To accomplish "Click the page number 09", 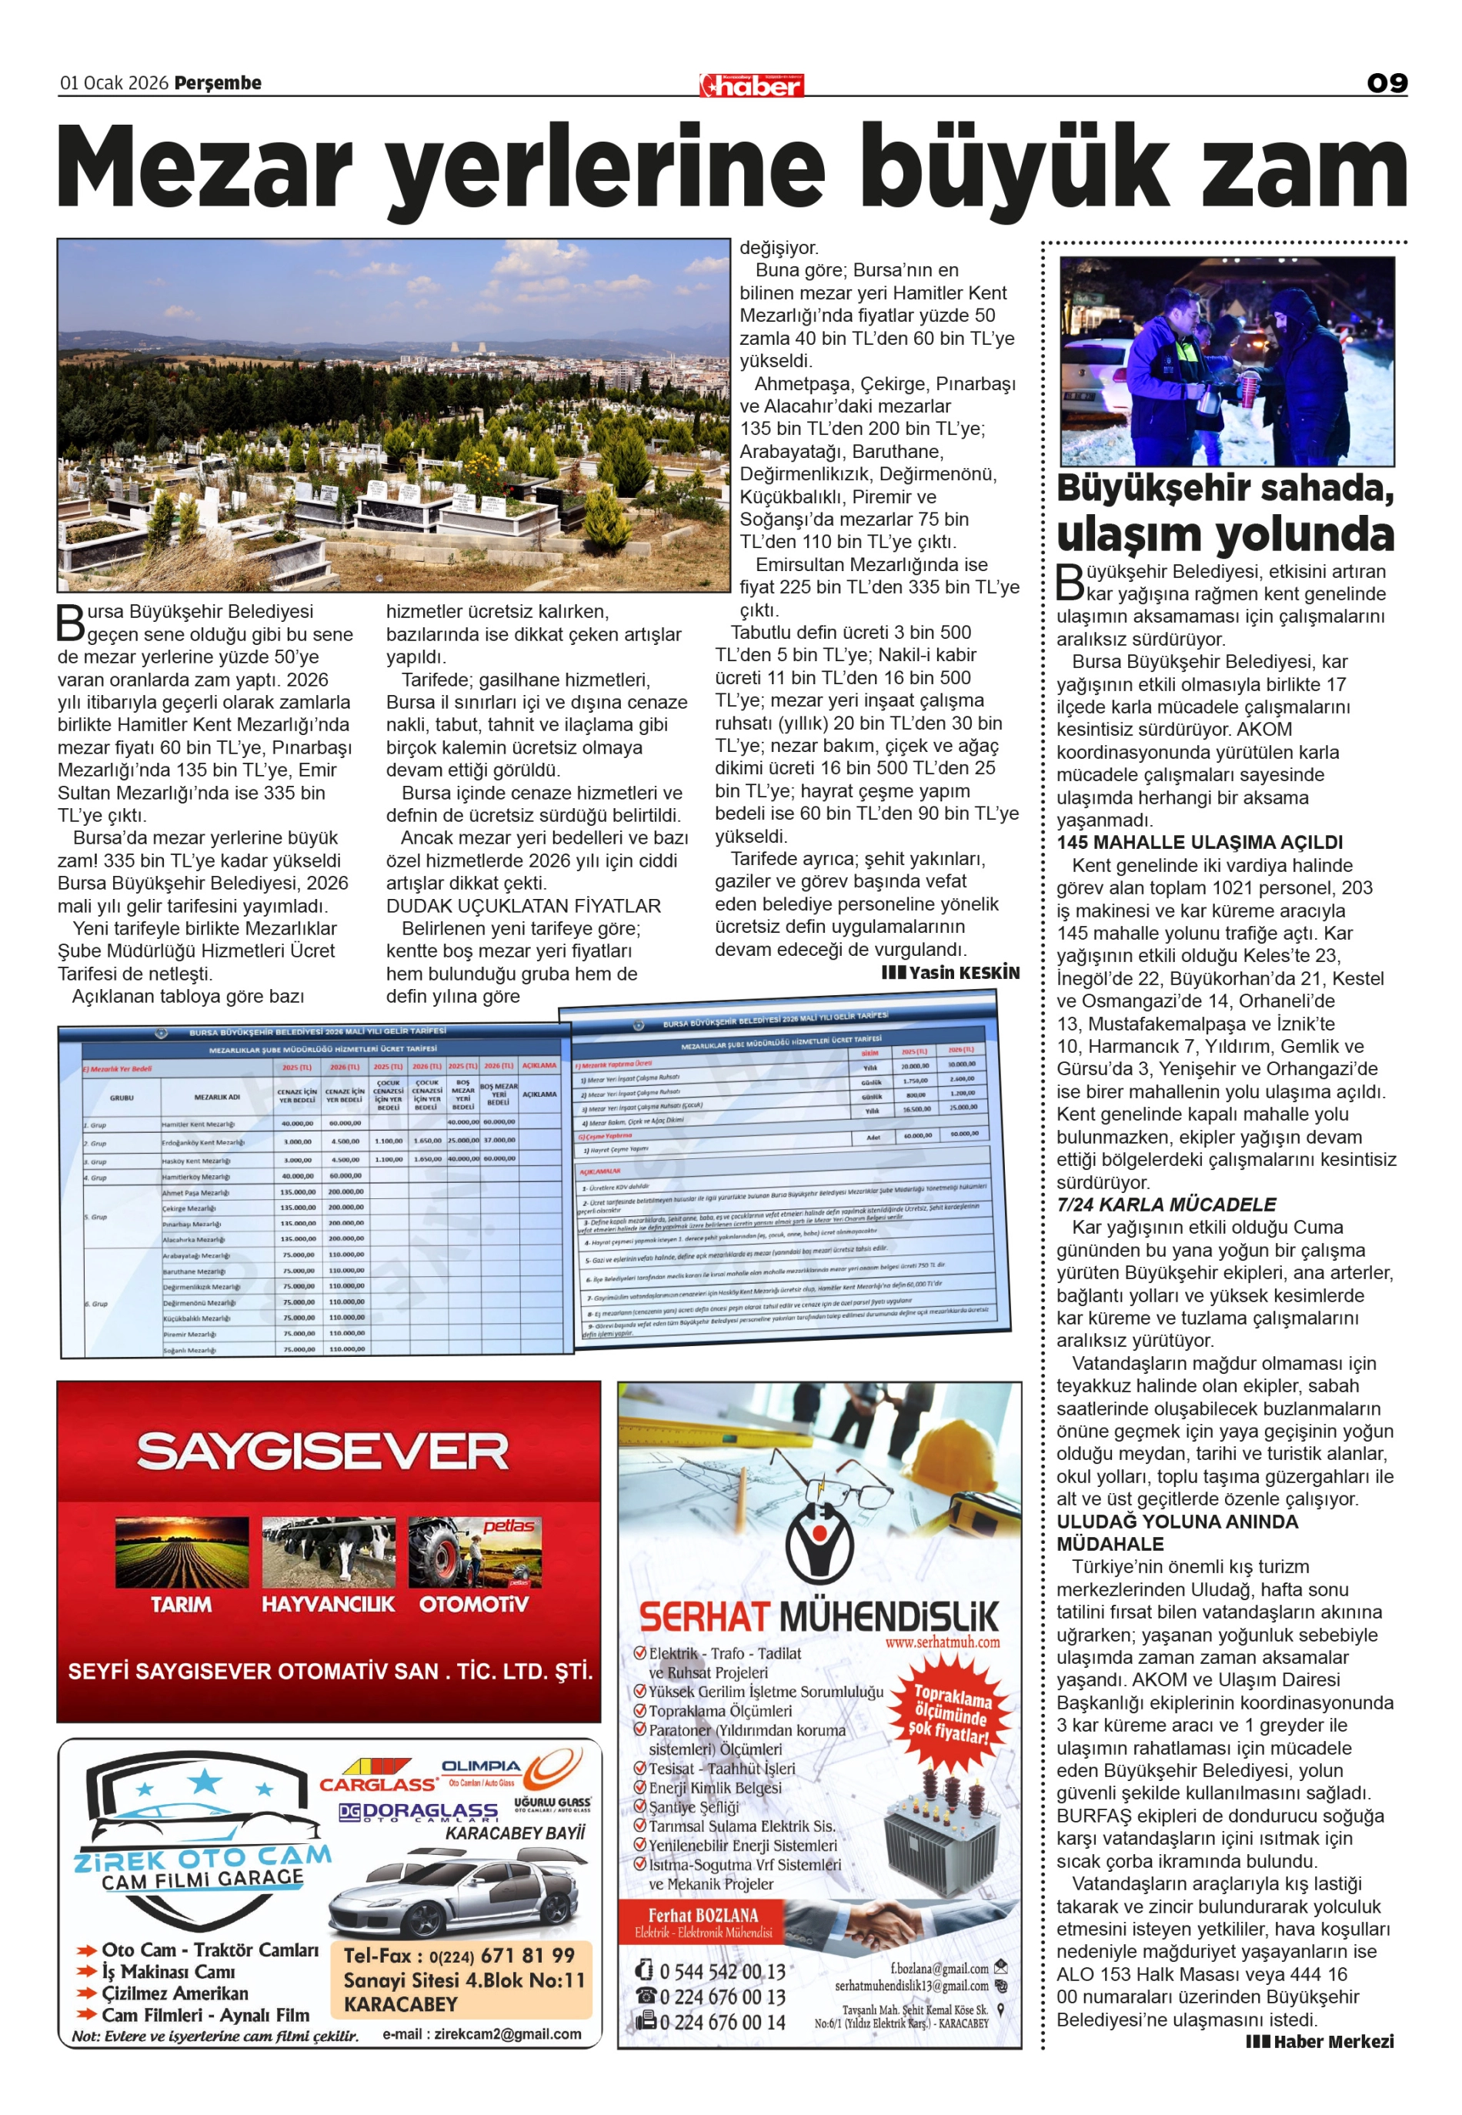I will tap(1386, 83).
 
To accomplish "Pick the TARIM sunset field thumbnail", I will tap(182, 1552).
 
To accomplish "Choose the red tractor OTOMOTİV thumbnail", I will tap(473, 1552).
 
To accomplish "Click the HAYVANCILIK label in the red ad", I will tap(328, 1604).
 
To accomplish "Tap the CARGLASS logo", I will tap(377, 1783).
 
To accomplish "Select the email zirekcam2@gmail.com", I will tap(482, 2033).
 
